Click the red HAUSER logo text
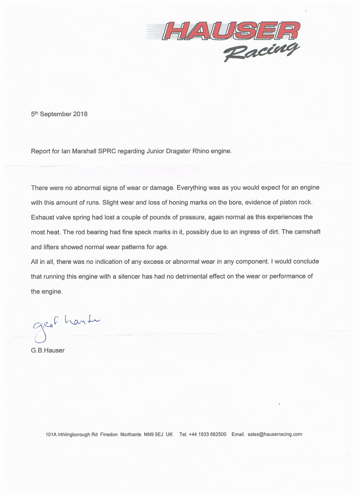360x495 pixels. pos(231,32)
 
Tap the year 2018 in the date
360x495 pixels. pos(80,114)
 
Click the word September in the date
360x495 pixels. pos(56,114)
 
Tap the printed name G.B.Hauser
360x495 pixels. pos(48,351)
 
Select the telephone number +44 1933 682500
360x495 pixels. pos(207,435)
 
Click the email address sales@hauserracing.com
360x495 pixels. pos(275,434)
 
